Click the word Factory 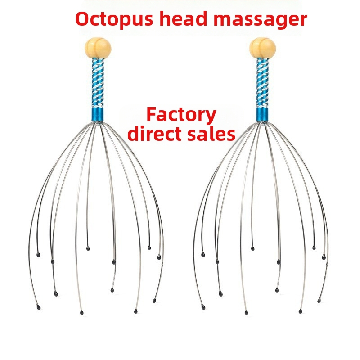coord(181,115)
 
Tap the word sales coord(212,134)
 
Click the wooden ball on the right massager coord(263,47)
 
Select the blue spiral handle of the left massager coord(96,83)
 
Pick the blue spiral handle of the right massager coord(262,83)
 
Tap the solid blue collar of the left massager coord(96,114)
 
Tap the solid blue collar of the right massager coord(262,114)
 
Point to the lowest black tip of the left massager coord(81,312)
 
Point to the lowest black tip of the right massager coord(247,312)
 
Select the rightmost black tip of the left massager coord(159,257)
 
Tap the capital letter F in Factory coord(151,115)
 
